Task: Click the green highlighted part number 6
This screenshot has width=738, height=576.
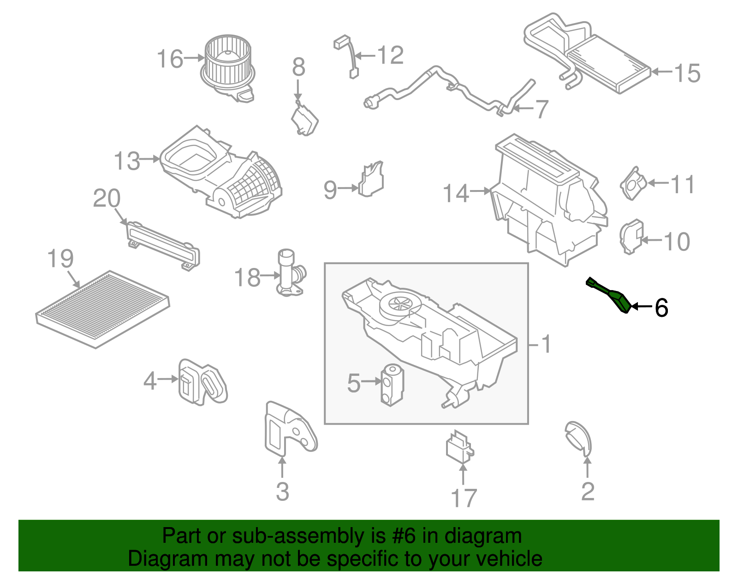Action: pos(610,295)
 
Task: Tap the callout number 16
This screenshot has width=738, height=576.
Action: pos(170,59)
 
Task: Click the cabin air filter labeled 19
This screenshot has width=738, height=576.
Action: pos(102,309)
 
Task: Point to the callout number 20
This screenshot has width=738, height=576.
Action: pos(107,199)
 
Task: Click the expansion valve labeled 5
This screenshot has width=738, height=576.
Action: pos(392,385)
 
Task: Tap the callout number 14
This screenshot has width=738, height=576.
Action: pos(456,193)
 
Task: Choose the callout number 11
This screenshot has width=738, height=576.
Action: pos(682,184)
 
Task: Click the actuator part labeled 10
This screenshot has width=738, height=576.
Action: pos(631,237)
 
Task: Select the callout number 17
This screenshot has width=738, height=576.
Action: pos(463,498)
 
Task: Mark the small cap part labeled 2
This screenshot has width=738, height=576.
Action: pos(578,437)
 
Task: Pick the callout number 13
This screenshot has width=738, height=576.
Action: pos(127,161)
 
